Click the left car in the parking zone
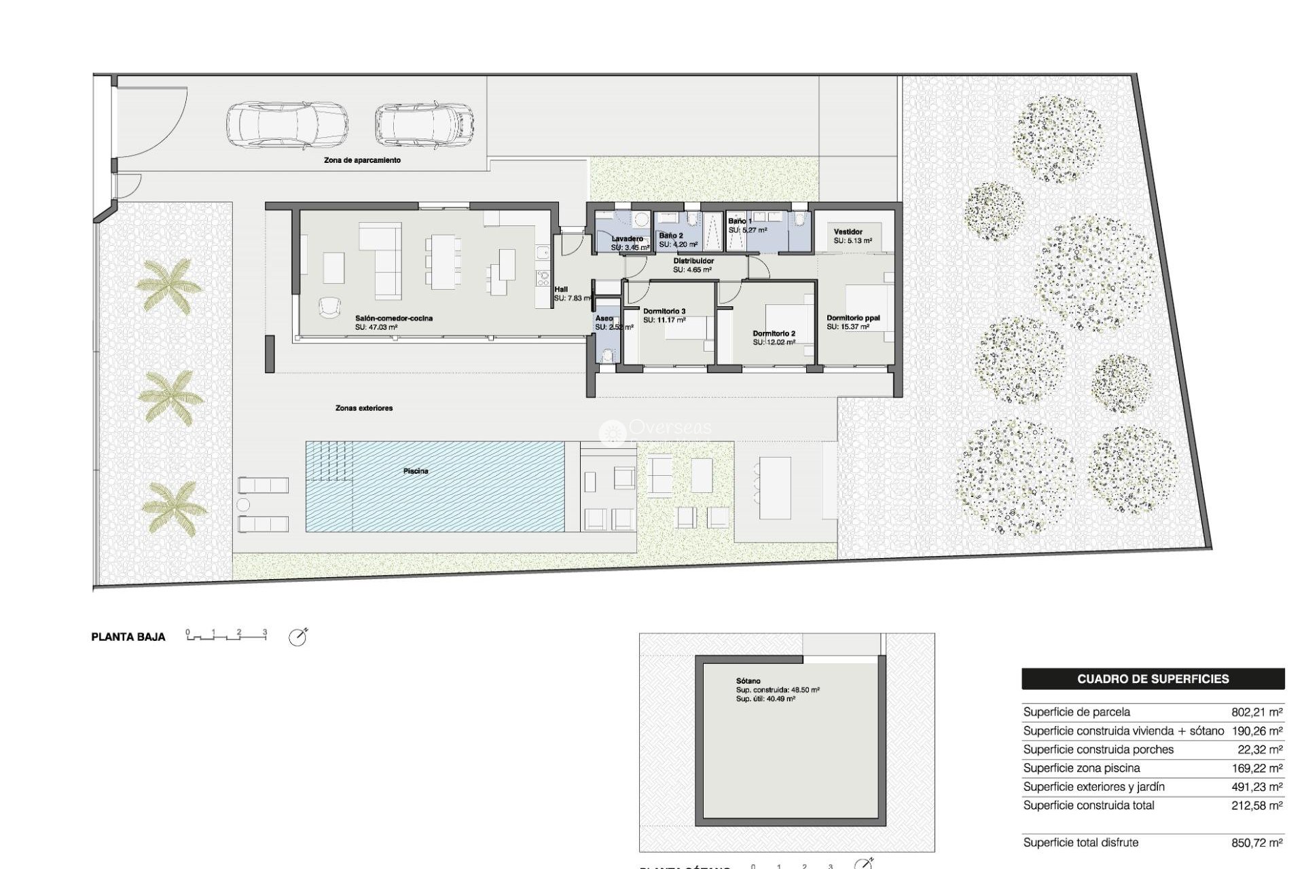(x=287, y=125)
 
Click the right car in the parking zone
(x=424, y=125)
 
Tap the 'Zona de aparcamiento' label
(x=362, y=160)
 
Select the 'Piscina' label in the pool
(x=416, y=471)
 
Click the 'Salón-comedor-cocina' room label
(x=394, y=318)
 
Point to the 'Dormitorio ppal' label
(x=853, y=318)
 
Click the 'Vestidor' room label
(x=848, y=232)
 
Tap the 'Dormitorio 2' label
(x=774, y=333)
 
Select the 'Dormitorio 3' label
(x=664, y=311)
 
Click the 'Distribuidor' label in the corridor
(x=693, y=261)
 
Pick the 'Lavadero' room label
(x=627, y=239)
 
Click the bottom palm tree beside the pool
(x=174, y=509)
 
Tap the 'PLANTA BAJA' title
(x=128, y=637)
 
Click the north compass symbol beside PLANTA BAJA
(x=297, y=637)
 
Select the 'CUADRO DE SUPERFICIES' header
(x=1153, y=679)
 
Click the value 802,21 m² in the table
(x=1256, y=712)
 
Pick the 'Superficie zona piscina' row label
(x=1081, y=768)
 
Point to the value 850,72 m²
(x=1256, y=843)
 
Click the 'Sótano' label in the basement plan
(x=748, y=681)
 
